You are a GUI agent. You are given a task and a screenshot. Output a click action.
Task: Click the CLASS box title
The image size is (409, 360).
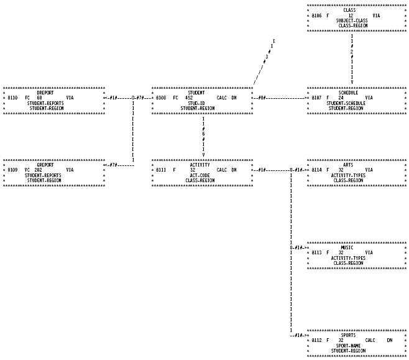point(349,10)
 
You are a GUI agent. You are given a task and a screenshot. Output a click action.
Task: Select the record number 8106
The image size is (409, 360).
point(316,15)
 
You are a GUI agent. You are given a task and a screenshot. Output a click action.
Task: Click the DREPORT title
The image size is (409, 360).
point(45,93)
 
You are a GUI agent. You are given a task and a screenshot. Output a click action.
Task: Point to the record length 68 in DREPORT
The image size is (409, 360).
point(39,98)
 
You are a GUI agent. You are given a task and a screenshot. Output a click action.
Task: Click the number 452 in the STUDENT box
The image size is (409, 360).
point(188,98)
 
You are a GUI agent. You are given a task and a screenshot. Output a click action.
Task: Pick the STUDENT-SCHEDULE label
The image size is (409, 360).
point(346,103)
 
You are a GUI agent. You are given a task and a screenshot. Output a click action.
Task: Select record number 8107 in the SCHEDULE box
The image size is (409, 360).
point(316,98)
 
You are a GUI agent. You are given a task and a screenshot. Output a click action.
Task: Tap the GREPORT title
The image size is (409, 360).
point(45,165)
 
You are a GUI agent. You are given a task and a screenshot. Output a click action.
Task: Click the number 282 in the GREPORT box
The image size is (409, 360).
point(38,170)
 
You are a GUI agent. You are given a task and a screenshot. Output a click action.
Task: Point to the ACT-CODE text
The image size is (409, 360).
point(200,175)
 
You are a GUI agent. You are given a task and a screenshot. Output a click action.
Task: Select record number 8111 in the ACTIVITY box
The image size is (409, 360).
point(162,170)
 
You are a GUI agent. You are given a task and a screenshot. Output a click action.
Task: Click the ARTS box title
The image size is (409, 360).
point(348,165)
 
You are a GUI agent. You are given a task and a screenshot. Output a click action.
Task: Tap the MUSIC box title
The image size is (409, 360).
point(347,247)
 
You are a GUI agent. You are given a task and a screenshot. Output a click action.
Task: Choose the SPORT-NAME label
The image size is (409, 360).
point(349,346)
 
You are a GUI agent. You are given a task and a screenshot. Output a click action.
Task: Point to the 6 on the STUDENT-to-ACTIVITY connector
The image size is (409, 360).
point(203,134)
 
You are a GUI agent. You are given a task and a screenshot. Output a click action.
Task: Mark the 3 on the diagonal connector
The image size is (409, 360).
point(266,57)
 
